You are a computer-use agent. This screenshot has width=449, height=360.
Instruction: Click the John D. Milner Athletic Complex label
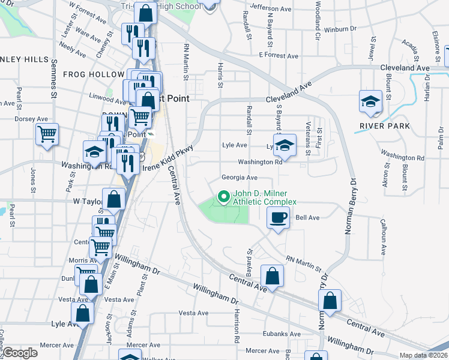pyautogui.click(x=264, y=198)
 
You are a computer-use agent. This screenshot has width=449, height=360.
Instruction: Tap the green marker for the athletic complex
pyautogui.click(x=224, y=196)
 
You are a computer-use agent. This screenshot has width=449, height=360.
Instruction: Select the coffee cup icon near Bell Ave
pyautogui.click(x=278, y=218)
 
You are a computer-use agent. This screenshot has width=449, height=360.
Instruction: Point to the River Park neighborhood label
pyautogui.click(x=384, y=126)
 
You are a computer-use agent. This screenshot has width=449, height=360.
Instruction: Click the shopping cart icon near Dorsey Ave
pyautogui.click(x=47, y=134)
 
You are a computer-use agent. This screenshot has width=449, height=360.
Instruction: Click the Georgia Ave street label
pyautogui.click(x=239, y=178)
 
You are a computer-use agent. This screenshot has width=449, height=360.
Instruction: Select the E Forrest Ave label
pyautogui.click(x=279, y=56)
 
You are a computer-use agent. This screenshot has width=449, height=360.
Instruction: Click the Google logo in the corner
pyautogui.click(x=19, y=353)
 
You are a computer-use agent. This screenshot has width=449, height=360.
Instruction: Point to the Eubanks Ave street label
pyautogui.click(x=282, y=334)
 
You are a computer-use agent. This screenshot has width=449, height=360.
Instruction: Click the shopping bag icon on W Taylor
pyautogui.click(x=113, y=199)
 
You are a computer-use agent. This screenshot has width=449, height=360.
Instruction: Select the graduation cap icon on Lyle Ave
pyautogui.click(x=285, y=145)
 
